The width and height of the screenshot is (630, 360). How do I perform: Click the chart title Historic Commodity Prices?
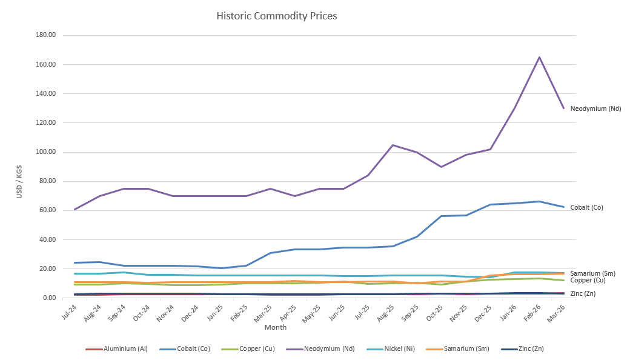277,16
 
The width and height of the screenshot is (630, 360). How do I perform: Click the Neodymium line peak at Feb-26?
539,58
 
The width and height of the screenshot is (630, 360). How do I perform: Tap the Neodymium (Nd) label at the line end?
595,109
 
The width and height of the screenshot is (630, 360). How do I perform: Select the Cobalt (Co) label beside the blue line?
586,207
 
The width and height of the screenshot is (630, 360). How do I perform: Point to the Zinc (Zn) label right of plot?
583,293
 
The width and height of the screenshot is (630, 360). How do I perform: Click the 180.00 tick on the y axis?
46,35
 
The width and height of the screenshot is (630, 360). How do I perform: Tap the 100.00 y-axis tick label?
46,152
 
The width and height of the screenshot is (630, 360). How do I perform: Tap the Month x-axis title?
276,327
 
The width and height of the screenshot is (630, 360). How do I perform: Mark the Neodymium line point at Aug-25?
393,145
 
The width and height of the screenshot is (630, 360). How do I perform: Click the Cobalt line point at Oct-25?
442,216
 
